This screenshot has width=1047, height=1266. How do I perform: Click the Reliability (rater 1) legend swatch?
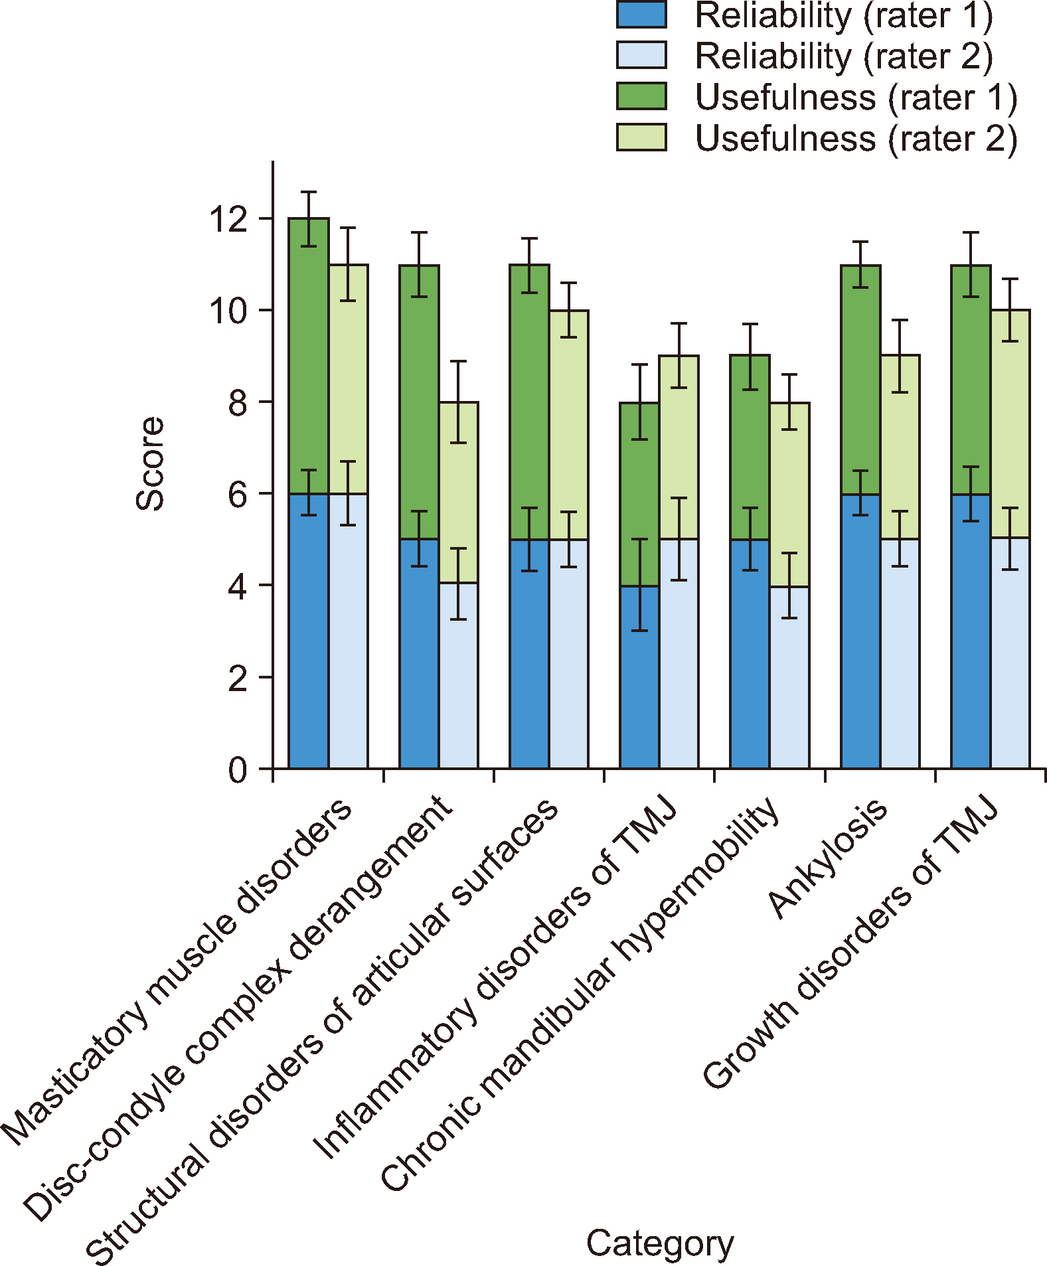(x=641, y=15)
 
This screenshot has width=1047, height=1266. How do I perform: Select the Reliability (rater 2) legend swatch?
(x=641, y=55)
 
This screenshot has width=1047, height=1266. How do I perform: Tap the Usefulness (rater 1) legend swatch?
(x=641, y=96)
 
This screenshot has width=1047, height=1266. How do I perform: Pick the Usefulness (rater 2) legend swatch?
(x=641, y=137)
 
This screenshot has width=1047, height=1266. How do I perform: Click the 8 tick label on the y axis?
(x=237, y=403)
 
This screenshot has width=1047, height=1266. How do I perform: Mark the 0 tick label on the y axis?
(x=237, y=770)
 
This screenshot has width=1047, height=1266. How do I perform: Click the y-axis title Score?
(x=149, y=463)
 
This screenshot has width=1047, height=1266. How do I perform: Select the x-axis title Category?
(x=660, y=1243)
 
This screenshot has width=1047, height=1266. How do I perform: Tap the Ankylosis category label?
(x=827, y=860)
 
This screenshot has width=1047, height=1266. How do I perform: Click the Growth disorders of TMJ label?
(x=850, y=943)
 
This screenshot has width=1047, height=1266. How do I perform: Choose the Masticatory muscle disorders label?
(x=176, y=973)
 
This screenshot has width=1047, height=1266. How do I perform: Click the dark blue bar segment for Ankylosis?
(x=860, y=631)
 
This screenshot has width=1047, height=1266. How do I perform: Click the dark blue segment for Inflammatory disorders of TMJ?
(x=639, y=677)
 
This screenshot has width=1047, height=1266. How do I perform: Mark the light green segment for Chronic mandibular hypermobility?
(x=789, y=495)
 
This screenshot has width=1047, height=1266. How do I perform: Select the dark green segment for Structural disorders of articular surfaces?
(x=529, y=402)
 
